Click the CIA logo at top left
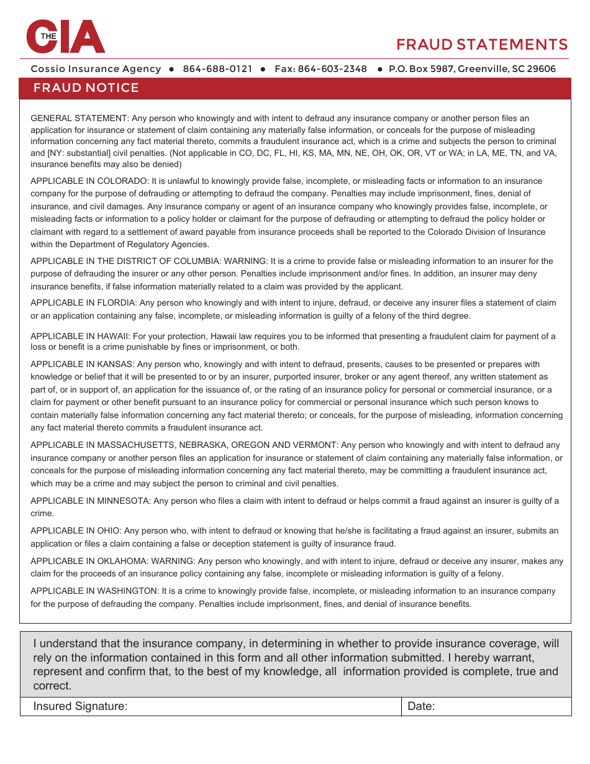(65, 37)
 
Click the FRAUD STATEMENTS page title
(482, 45)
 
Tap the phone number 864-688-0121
(217, 69)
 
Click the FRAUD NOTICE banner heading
(86, 88)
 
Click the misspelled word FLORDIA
(117, 303)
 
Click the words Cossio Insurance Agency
(96, 69)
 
